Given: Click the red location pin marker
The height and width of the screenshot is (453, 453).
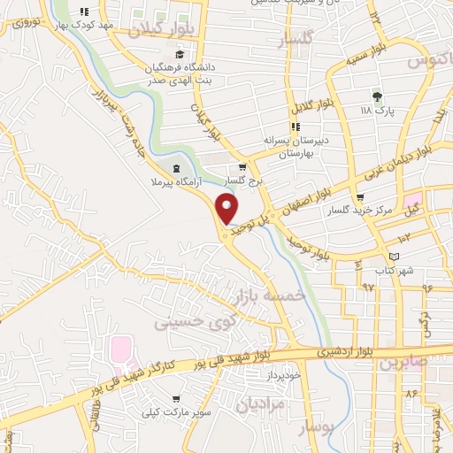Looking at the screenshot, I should pyautogui.click(x=228, y=209).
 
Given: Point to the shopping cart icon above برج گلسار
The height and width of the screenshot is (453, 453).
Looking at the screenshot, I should pyautogui.click(x=242, y=166).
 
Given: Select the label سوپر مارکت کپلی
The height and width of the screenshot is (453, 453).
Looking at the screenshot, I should pyautogui.click(x=177, y=412).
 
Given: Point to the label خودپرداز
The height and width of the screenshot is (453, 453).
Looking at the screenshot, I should pyautogui.click(x=283, y=375).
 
